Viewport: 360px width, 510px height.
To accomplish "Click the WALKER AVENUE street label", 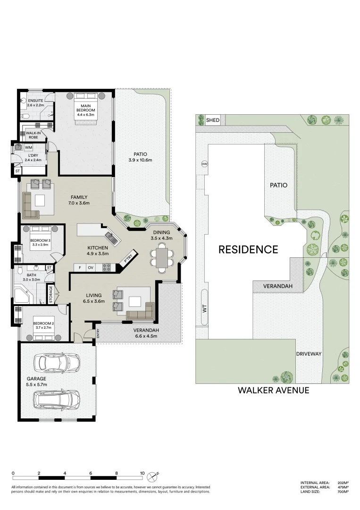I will point(273,390).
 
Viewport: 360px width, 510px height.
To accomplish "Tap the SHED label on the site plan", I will point(213,120).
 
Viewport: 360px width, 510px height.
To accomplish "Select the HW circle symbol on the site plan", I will point(204,164).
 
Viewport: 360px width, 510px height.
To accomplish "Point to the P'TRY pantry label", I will point(127,259).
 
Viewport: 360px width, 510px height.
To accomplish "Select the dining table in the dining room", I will point(161,259).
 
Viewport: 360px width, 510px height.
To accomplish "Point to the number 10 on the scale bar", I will point(142,473).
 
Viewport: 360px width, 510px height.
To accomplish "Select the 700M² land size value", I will point(343,492).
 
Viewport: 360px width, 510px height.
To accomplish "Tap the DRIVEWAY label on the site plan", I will point(309,354).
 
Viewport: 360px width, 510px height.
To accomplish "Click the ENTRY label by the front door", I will point(98,333).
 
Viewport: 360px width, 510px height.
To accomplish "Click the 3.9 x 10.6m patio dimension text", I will point(140,160).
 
